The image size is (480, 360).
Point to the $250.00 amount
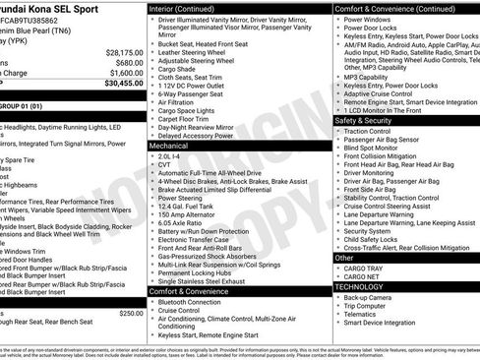(131, 313)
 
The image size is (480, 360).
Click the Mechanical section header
(169, 145)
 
